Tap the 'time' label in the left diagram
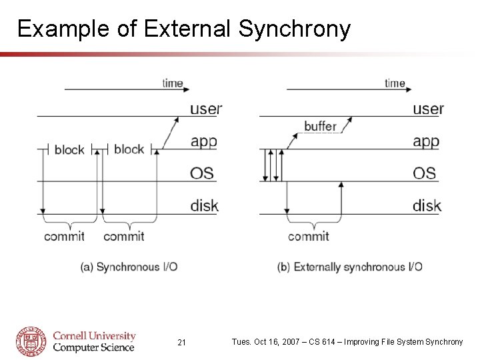tap(173, 83)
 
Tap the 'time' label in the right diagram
tap(395, 83)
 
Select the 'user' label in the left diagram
tap(205, 109)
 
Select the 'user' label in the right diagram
tap(428, 109)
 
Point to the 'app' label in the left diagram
tap(203, 142)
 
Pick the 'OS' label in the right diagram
tap(424, 173)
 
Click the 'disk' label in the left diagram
tap(204, 205)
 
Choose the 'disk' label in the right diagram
tap(427, 205)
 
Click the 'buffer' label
tap(320, 126)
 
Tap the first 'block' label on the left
tap(69, 150)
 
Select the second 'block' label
tap(129, 149)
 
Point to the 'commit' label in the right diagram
tap(308, 237)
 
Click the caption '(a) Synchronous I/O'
tap(129, 267)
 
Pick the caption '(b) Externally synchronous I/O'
tap(349, 267)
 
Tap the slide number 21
tap(182, 343)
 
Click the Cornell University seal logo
tap(31, 341)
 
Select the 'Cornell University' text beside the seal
tap(94, 336)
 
